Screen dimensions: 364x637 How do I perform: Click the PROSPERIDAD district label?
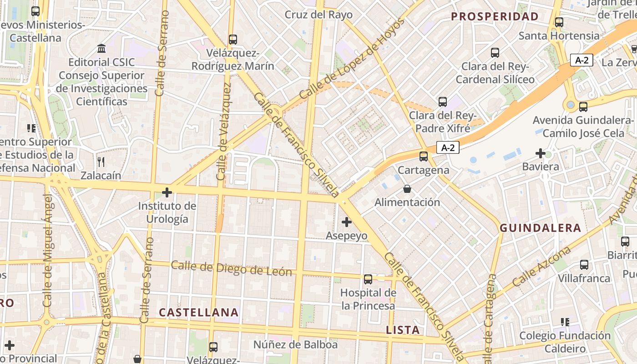point(495,17)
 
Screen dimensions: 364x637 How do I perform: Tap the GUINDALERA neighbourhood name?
point(541,228)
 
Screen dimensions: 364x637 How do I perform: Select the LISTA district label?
point(403,330)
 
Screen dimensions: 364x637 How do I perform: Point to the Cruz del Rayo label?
point(318,15)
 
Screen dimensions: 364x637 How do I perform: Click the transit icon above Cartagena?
point(424,157)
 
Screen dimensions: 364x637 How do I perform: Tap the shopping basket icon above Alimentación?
point(407,189)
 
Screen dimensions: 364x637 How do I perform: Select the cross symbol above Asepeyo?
point(347,222)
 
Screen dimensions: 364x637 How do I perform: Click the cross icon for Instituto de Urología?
point(167,192)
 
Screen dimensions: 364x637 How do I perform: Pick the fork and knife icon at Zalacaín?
point(101,162)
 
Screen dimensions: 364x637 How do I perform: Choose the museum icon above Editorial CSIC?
point(101,48)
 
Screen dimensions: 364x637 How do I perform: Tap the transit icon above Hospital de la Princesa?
point(368,279)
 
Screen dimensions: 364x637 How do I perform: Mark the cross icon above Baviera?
point(541,153)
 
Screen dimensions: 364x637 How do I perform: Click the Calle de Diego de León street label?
point(232,268)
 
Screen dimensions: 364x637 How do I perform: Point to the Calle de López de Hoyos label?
point(352,59)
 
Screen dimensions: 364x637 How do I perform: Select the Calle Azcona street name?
point(541,267)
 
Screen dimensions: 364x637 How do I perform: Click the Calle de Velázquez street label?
point(223,131)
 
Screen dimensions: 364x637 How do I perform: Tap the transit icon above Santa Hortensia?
point(559,22)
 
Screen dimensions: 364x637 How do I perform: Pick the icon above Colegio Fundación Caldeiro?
point(565,322)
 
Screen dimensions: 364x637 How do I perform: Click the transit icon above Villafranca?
point(584,265)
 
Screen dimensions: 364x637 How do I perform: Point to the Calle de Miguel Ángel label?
point(47,250)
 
